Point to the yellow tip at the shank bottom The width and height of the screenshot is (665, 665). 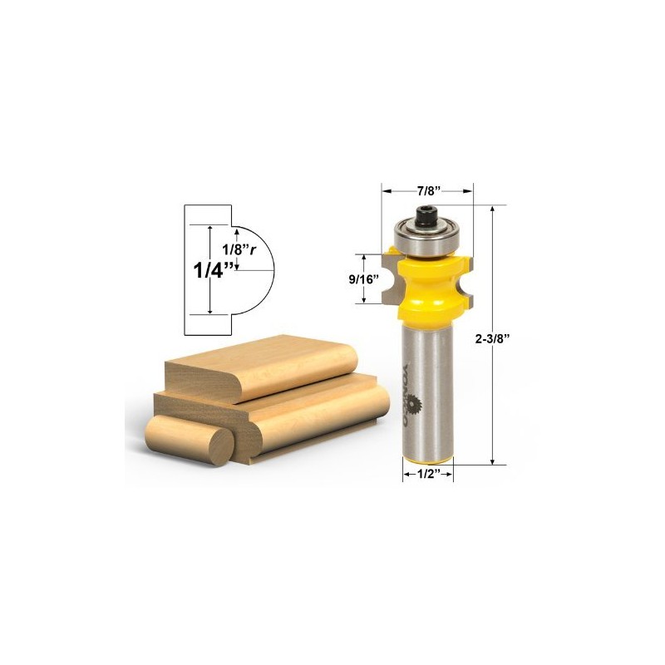(428, 462)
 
